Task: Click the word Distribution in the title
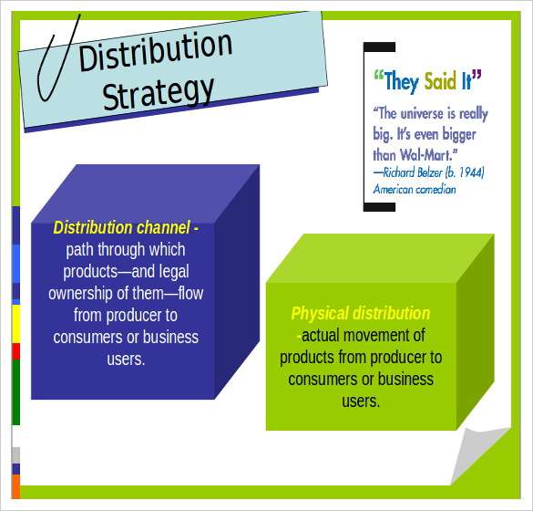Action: tap(156, 51)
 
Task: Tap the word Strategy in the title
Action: tap(158, 92)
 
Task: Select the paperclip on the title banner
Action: tap(58, 57)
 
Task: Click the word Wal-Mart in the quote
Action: tap(428, 155)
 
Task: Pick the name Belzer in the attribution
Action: tap(430, 172)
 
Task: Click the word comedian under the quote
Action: tap(436, 189)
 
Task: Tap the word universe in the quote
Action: tap(422, 113)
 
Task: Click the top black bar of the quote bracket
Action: tap(379, 47)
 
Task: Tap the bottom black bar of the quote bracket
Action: tap(379, 207)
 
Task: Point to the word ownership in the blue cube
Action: tap(80, 294)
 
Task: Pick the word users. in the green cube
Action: tap(361, 401)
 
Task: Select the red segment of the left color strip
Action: tap(16, 351)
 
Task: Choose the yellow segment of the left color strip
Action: tap(16, 324)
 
